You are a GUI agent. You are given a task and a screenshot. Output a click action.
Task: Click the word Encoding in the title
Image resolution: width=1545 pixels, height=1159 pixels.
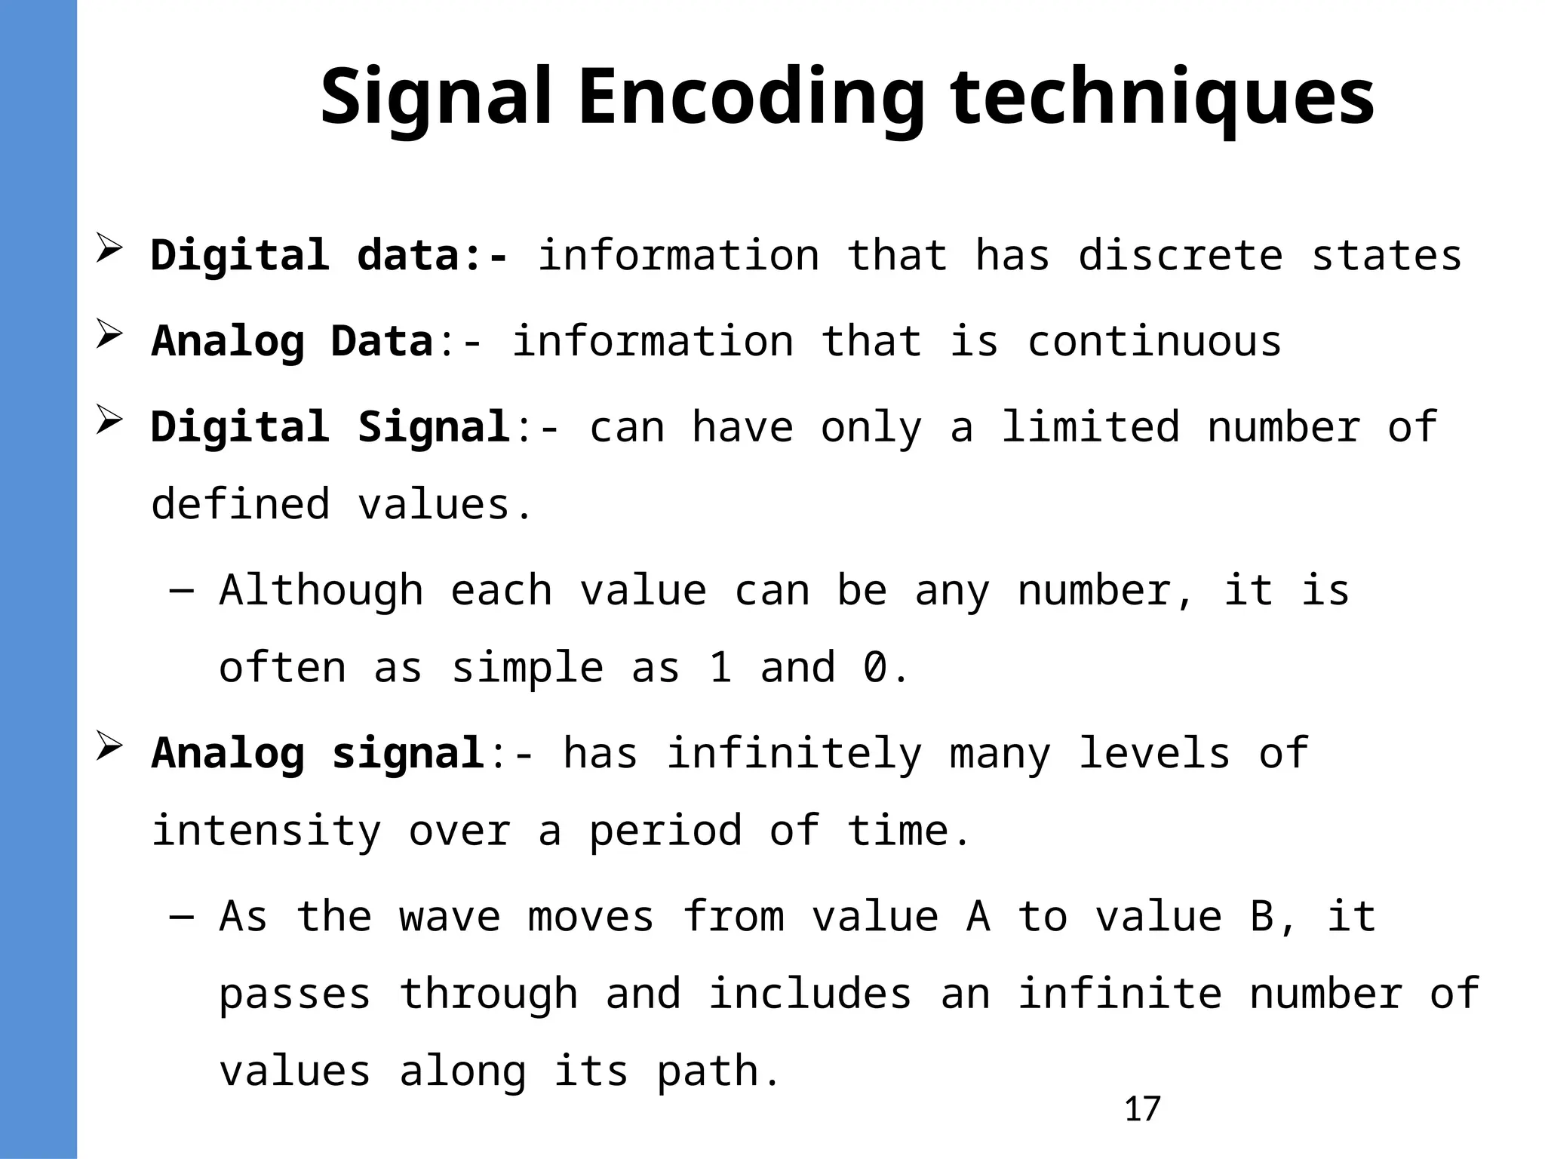751,98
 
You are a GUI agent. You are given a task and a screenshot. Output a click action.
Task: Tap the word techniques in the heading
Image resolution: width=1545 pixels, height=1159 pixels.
1162,98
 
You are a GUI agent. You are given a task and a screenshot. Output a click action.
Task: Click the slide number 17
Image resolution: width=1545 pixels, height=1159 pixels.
1142,1109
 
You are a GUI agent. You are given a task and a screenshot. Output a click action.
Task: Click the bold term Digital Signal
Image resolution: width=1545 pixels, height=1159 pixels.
330,427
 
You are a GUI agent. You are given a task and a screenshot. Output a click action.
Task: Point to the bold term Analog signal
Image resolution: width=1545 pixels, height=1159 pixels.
317,753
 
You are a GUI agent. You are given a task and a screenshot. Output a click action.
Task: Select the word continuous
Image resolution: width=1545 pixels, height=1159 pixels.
1154,341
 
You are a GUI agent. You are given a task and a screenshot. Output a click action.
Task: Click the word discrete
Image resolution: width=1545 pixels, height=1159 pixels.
1181,255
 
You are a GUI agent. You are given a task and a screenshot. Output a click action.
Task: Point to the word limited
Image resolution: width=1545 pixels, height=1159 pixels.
1090,427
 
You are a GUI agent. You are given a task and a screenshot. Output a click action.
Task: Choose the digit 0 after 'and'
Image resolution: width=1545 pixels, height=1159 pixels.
875,668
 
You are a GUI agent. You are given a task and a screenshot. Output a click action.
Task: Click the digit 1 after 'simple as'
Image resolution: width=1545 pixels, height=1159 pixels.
720,668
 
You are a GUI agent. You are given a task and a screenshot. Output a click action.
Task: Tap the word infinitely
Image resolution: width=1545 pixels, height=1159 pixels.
794,753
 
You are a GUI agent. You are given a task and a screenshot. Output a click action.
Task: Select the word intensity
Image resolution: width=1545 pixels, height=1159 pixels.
266,832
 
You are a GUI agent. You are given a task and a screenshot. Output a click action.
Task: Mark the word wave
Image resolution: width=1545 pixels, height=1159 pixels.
450,918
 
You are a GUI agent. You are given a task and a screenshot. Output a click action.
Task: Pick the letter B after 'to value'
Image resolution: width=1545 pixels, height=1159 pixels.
1261,918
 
